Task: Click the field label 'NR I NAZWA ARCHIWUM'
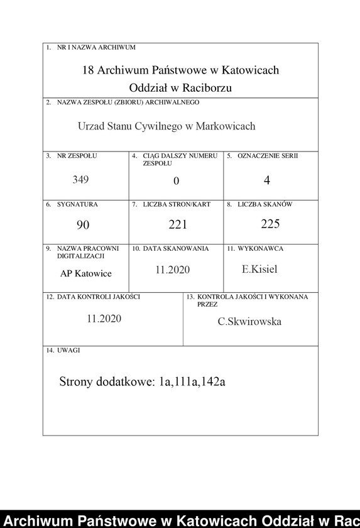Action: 95,47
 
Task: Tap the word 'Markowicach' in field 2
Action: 226,126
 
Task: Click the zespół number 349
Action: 80,179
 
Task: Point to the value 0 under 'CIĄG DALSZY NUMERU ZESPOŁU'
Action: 177,181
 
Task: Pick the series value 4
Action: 267,180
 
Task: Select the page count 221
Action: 178,224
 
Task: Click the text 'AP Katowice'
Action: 85,273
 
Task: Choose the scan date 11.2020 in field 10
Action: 172,270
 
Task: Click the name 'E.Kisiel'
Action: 259,270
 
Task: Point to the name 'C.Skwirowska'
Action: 249,322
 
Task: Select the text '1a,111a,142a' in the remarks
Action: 192,382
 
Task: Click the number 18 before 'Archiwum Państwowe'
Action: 89,70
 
